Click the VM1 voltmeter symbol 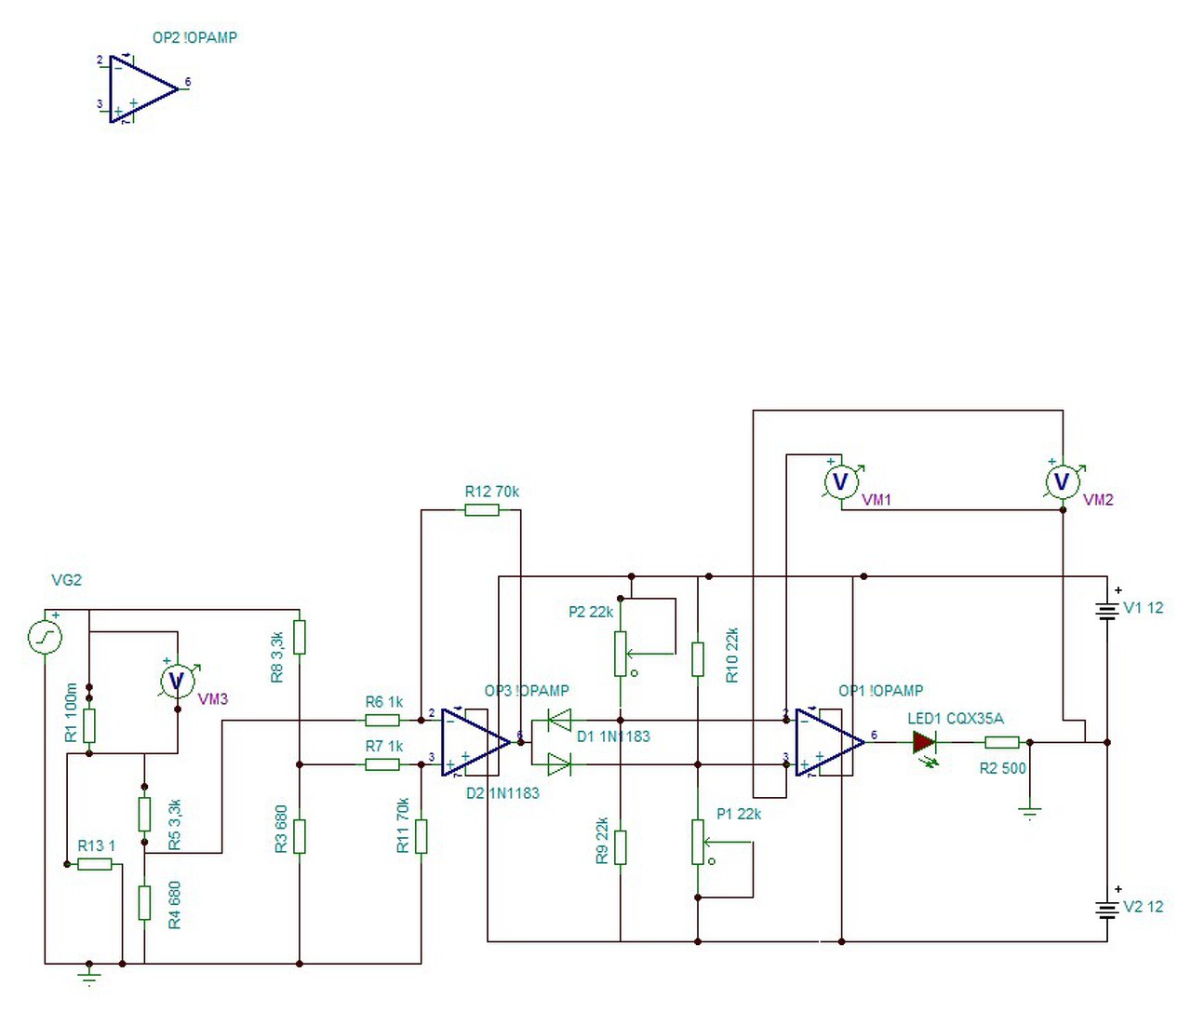(x=841, y=481)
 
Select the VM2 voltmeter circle (x=1062, y=481)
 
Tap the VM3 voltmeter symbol (x=177, y=681)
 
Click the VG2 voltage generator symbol (x=45, y=637)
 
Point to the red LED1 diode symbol (x=924, y=743)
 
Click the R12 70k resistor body (x=482, y=509)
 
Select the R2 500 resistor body (x=1002, y=743)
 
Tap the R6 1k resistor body (x=382, y=720)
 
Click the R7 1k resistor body (x=382, y=764)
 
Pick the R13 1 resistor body (x=95, y=864)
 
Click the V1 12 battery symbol (x=1107, y=611)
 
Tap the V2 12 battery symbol (x=1107, y=910)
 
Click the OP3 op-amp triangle (x=476, y=743)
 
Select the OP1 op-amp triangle (x=830, y=743)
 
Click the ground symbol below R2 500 (x=1030, y=814)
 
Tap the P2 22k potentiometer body (x=620, y=654)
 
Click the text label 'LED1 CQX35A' (x=956, y=719)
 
